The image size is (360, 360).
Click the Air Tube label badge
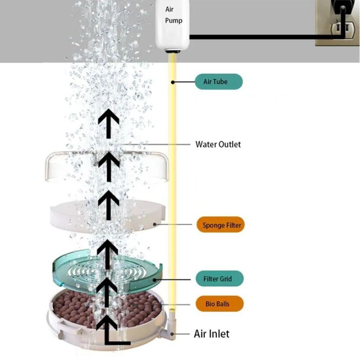(x=218, y=82)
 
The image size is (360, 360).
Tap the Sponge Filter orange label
(x=220, y=225)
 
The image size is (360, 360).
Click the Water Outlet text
(x=218, y=144)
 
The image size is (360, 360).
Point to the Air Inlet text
(x=211, y=334)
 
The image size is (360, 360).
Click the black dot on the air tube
(x=173, y=82)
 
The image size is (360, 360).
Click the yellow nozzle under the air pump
(x=174, y=53)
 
